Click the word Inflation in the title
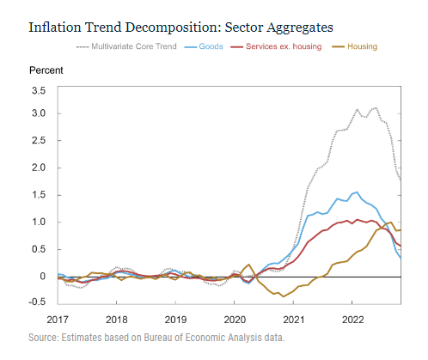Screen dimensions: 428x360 coord(55,27)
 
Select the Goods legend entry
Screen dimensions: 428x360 coord(204,46)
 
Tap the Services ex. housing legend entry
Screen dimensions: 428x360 coord(276,46)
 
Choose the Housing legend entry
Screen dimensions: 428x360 coord(355,46)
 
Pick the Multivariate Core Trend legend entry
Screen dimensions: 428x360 coord(126,46)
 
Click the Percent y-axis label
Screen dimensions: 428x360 coord(46,70)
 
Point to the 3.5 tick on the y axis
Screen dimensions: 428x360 coord(39,91)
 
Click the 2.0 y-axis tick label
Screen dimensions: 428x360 coord(39,168)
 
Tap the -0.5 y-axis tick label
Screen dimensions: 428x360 coord(37,302)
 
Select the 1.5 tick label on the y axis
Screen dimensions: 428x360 coord(39,195)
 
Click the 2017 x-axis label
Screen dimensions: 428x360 coord(58,320)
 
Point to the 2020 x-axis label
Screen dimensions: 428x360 coord(235,320)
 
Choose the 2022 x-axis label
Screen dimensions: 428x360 coord(352,320)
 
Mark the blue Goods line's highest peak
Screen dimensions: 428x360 coord(357,192)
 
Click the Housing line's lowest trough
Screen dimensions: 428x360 coord(284,296)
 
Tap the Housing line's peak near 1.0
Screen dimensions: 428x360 coord(391,223)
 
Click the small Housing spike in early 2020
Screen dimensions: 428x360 coord(248,265)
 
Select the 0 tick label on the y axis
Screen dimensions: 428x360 coord(43,277)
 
